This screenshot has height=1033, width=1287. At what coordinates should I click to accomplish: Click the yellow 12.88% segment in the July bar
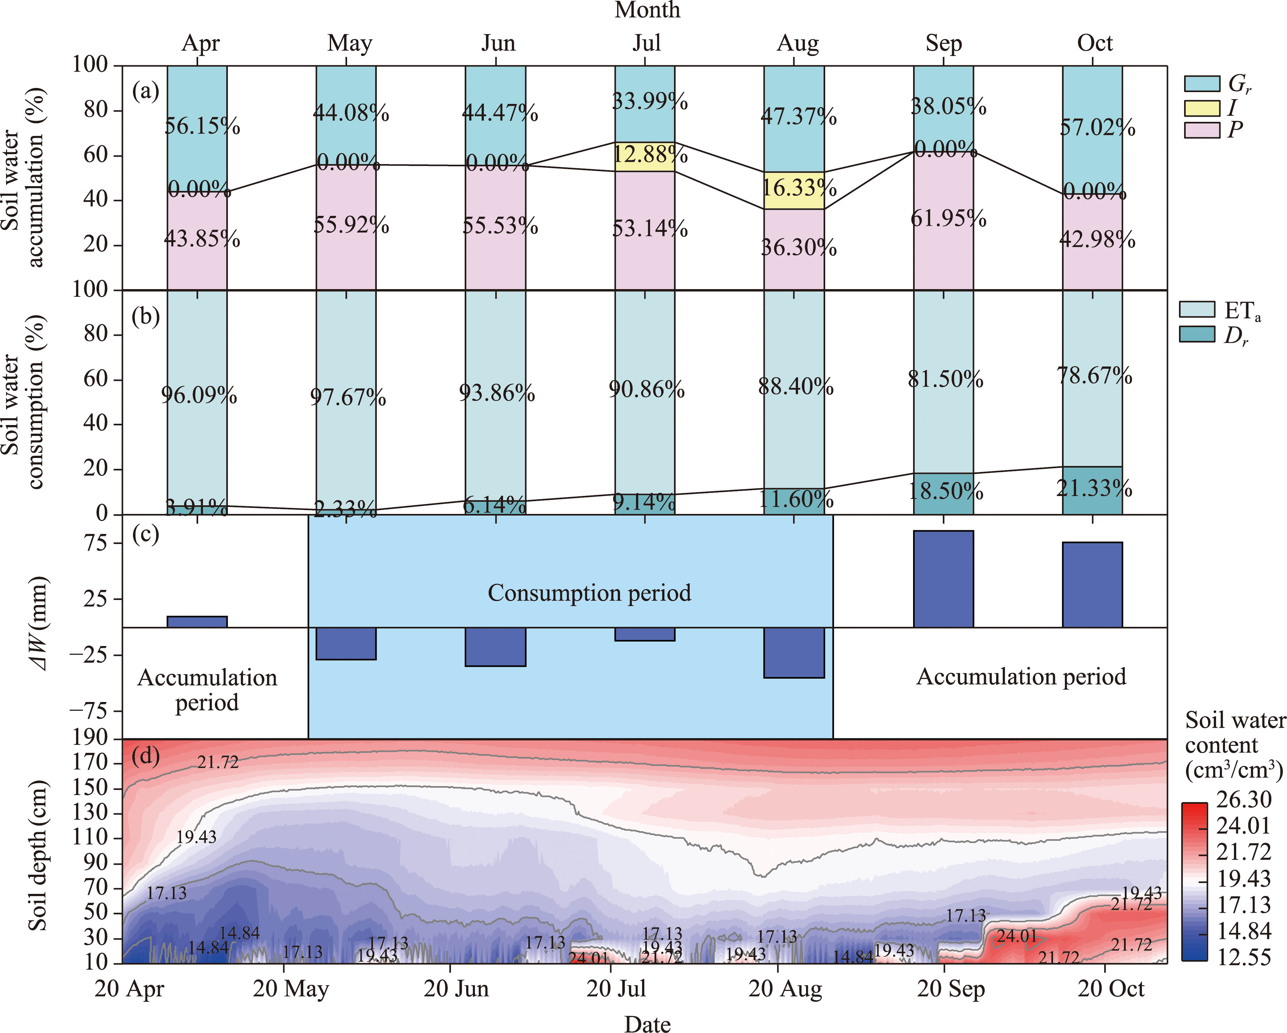tap(645, 156)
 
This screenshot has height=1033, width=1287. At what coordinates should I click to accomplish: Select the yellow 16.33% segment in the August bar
tap(794, 190)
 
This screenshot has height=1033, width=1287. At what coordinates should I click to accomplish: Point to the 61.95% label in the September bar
tap(948, 219)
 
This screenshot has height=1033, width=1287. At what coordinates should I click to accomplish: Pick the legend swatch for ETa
tap(1197, 309)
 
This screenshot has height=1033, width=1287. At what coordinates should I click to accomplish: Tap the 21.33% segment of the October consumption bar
tap(1092, 490)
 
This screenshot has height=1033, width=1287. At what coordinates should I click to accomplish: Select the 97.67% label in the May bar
tap(347, 397)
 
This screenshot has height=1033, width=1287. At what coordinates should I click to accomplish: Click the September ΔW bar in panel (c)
tap(943, 578)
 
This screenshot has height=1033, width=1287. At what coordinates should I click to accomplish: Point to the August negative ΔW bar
tap(794, 652)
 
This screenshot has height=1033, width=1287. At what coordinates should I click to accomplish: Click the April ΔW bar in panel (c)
tap(197, 621)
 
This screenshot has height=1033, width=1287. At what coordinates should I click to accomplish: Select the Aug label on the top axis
tap(797, 43)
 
